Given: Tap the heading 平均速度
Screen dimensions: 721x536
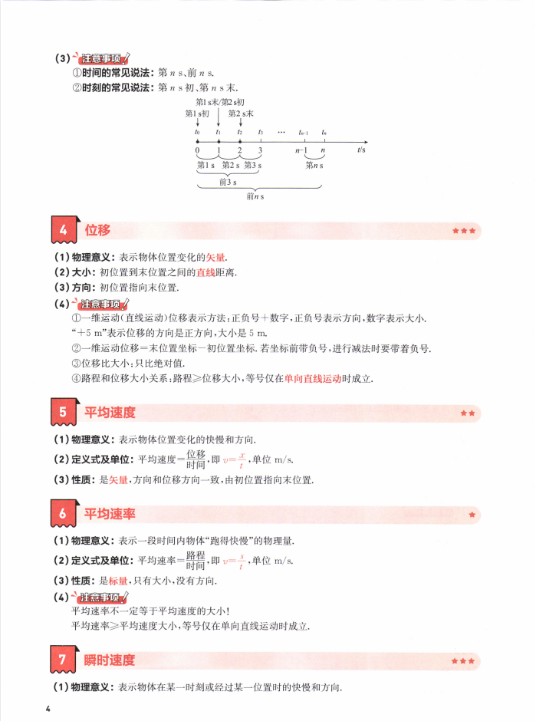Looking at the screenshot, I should [110, 413].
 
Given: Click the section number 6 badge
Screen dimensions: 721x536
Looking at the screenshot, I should [63, 514].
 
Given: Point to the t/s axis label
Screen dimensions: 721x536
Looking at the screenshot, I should [361, 151].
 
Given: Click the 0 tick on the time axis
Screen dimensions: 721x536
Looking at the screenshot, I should [197, 151].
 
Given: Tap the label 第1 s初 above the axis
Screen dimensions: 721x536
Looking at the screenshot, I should [197, 114].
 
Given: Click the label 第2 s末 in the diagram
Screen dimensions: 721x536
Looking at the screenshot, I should [241, 114].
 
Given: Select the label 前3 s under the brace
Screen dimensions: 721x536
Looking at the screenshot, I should [228, 183].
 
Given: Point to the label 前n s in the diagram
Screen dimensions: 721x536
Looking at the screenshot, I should [255, 197].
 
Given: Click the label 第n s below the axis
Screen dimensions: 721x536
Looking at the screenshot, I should [314, 165].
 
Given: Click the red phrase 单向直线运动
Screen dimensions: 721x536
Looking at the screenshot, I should [313, 378].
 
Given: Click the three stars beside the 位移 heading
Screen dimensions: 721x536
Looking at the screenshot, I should [464, 231].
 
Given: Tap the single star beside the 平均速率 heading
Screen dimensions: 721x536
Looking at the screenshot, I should [472, 514].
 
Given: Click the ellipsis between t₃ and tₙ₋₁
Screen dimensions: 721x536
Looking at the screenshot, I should [281, 132].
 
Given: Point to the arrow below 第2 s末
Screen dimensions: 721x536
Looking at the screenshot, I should [240, 123].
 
